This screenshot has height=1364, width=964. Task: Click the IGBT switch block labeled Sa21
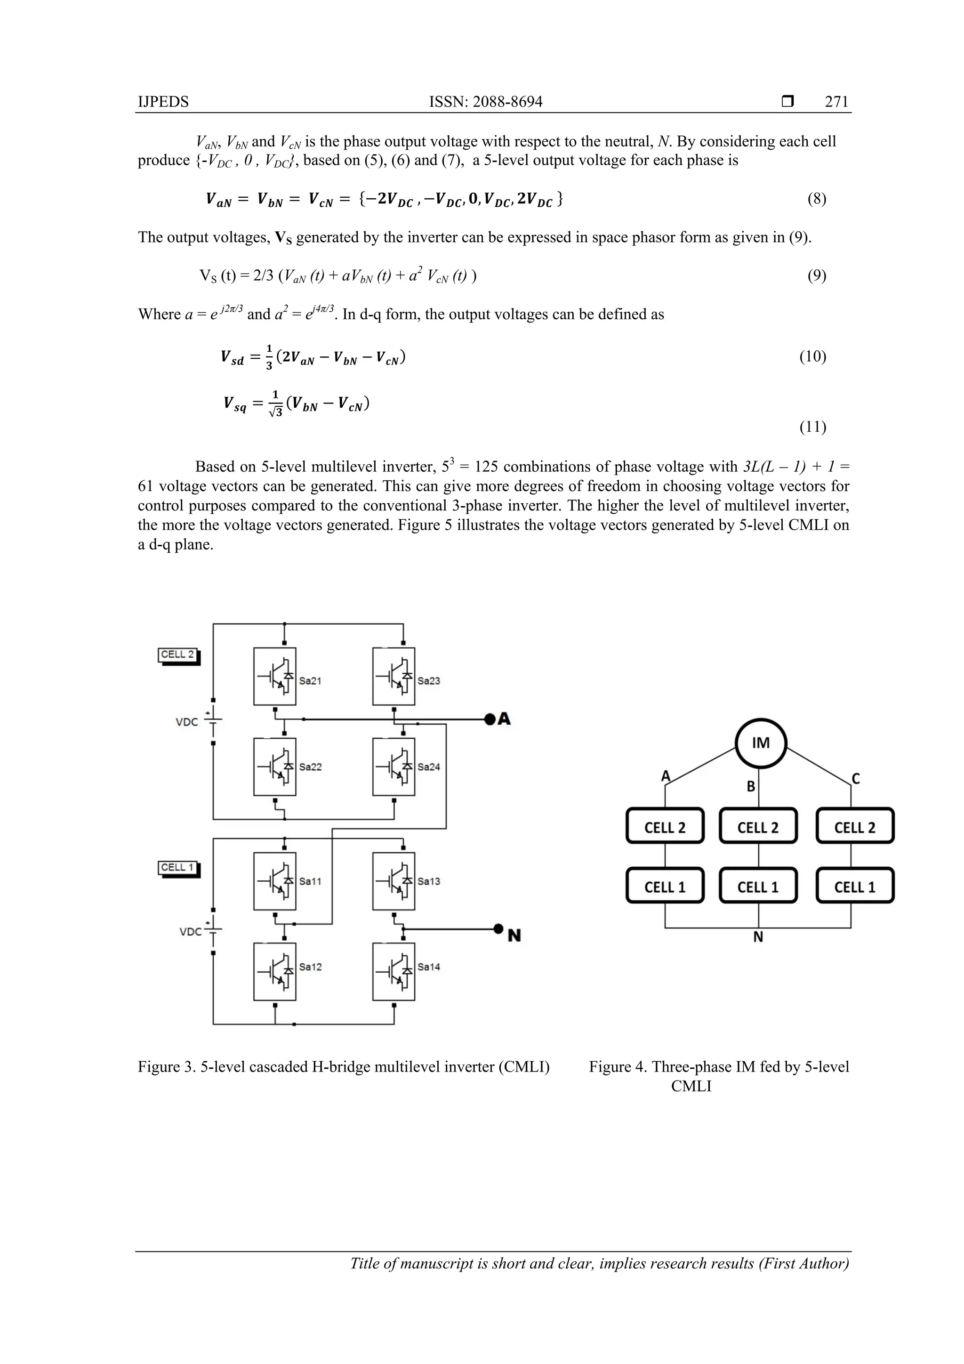click(274, 676)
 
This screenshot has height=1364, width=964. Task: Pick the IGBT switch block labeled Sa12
click(274, 971)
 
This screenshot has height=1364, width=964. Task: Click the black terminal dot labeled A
click(490, 719)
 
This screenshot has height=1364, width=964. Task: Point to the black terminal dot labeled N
click(498, 928)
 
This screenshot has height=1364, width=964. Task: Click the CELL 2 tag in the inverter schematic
click(177, 654)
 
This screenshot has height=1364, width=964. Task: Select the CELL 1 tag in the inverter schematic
click(177, 867)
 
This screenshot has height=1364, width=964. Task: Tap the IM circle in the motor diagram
click(760, 743)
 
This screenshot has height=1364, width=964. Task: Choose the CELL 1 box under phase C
click(854, 887)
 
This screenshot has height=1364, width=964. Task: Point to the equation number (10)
click(812, 356)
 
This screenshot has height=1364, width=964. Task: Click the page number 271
click(836, 102)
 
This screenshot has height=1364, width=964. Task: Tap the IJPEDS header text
click(163, 102)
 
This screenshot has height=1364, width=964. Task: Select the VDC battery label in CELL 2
click(186, 722)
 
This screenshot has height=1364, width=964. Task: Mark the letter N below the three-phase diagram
click(758, 937)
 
